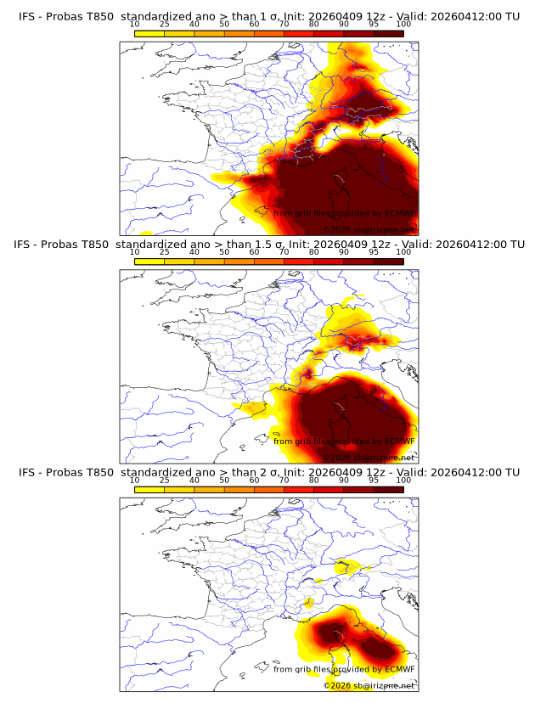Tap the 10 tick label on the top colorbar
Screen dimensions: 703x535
tap(135, 24)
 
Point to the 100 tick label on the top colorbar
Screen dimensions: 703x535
tap(403, 24)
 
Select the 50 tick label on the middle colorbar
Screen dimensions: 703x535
tap(224, 252)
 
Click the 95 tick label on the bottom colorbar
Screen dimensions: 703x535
tap(374, 481)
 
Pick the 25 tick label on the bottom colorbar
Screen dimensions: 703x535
tap(165, 481)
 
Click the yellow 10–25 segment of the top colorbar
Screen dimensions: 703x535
tap(149, 33)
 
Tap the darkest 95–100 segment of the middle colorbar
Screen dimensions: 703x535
tap(388, 262)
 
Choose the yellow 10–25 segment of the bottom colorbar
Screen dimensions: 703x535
tap(149, 490)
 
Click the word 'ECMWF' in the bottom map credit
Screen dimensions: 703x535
tap(399, 670)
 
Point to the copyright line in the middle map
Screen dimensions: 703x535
tap(370, 457)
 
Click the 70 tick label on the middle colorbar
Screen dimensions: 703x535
tap(284, 252)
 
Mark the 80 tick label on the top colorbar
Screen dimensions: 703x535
tap(314, 24)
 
